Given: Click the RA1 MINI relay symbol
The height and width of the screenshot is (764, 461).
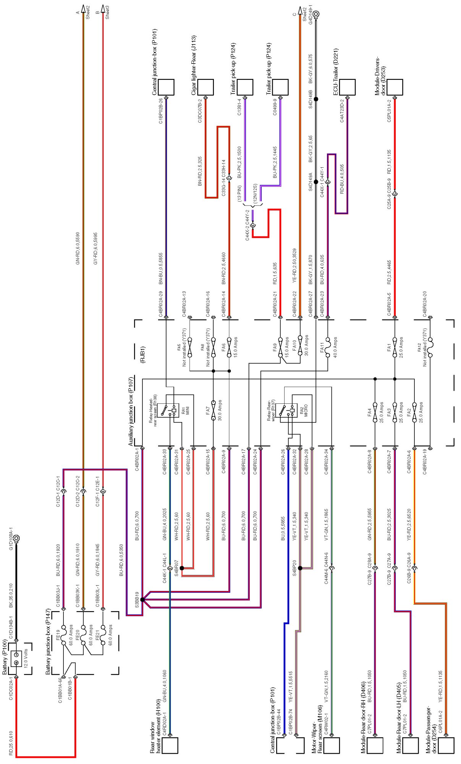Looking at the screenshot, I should [x=170, y=410].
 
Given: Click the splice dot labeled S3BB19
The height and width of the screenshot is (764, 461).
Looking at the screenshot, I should [x=142, y=599].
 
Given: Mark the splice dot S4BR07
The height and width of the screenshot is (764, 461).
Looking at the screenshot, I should [x=182, y=568].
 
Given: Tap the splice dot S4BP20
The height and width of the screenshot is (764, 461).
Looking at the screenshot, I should [x=300, y=568].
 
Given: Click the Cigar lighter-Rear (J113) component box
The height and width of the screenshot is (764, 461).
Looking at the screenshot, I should [x=205, y=87].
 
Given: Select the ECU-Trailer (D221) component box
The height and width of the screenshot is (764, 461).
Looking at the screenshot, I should [x=347, y=87].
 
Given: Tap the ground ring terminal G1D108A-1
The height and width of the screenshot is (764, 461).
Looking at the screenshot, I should [x=16, y=539].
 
